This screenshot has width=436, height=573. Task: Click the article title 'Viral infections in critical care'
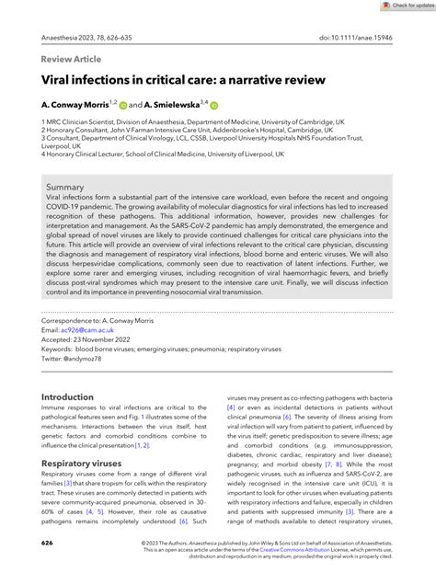pyautogui.click(x=184, y=80)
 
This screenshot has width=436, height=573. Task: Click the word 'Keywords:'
pyautogui.click(x=60, y=348)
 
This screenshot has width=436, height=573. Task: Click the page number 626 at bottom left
pyautogui.click(x=48, y=544)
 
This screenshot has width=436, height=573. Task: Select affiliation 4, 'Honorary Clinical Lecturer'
pyautogui.click(x=138, y=155)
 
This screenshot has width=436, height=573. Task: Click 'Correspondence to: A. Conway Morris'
pyautogui.click(x=101, y=320)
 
